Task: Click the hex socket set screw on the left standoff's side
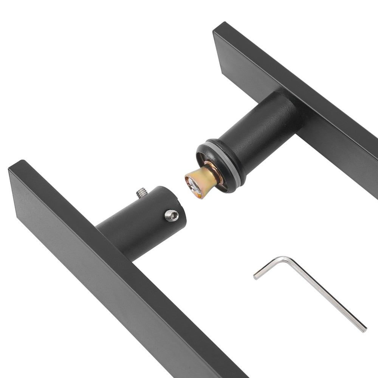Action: [172, 215]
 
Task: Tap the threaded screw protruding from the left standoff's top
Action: [142, 193]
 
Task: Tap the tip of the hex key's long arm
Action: [364, 329]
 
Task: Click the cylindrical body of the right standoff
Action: [261, 129]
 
